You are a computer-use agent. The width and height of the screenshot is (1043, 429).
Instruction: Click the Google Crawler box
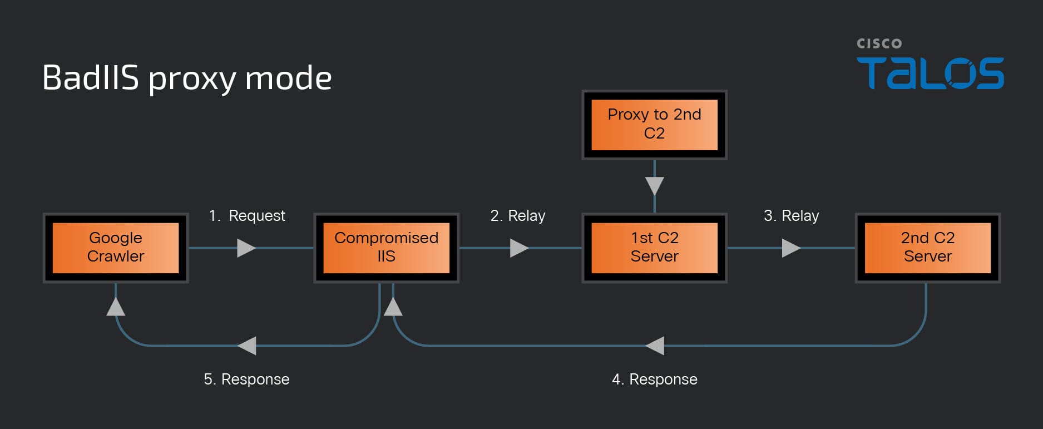(116, 248)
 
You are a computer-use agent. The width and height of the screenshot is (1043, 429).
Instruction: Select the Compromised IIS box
(386, 248)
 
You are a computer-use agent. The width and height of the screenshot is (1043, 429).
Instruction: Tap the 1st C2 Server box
(654, 248)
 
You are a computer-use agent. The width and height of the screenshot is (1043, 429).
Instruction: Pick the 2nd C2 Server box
(927, 248)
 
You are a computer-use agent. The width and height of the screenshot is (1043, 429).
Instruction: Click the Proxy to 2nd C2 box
(654, 125)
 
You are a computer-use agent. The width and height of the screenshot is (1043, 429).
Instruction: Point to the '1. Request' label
(246, 215)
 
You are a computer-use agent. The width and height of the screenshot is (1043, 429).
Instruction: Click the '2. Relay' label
(517, 215)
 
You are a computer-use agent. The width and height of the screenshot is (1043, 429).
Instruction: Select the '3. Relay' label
(791, 215)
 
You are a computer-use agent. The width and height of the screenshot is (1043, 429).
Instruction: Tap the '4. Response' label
(654, 379)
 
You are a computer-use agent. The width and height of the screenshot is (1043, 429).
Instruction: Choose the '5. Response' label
(246, 379)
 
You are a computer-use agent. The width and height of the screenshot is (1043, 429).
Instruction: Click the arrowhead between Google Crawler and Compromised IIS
(246, 248)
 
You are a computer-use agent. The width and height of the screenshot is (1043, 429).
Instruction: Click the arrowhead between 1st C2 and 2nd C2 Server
(792, 248)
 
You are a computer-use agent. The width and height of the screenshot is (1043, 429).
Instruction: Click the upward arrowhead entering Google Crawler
(116, 306)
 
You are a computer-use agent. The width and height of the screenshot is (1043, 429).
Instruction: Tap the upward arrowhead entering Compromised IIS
(393, 306)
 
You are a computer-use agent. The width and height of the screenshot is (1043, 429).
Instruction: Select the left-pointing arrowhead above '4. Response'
(655, 346)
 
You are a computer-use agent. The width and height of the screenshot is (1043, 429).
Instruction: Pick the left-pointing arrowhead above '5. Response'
(246, 346)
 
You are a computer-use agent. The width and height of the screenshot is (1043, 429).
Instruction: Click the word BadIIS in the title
(90, 77)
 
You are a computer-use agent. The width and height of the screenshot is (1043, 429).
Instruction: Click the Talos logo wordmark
(930, 73)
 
